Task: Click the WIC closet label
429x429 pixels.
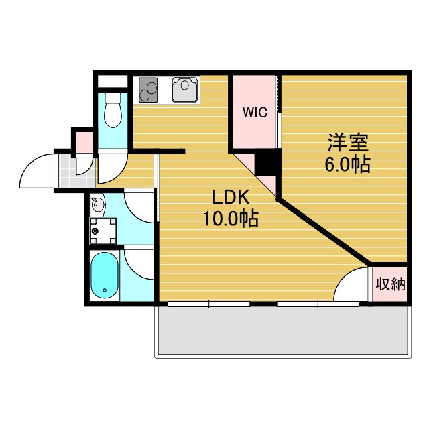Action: [255, 112]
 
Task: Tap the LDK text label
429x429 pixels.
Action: [231, 197]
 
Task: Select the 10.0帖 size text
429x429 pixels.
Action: [231, 219]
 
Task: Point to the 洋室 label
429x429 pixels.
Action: [348, 142]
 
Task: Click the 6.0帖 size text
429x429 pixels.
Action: [347, 164]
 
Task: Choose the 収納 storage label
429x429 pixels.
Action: [390, 284]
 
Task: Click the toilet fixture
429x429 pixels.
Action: [113, 110]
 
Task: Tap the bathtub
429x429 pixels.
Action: [105, 275]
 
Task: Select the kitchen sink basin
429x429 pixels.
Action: [185, 90]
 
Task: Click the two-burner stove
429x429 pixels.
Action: [148, 90]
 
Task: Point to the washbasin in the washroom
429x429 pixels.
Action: [98, 204]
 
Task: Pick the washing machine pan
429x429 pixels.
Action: [103, 231]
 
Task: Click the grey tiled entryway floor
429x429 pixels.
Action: [75, 171]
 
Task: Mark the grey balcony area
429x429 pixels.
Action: [283, 330]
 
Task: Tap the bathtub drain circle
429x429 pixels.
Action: [105, 290]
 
